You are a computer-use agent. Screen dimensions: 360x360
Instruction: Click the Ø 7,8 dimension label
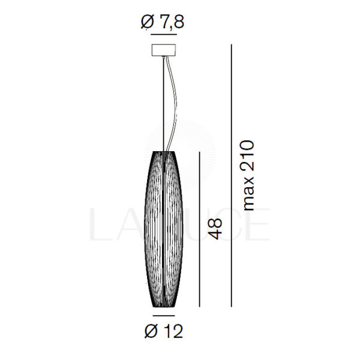[163, 23]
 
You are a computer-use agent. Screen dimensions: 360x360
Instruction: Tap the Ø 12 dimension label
[164, 331]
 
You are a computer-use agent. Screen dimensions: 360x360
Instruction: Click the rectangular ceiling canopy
[164, 50]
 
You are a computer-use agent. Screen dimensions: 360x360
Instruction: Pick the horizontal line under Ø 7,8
[164, 34]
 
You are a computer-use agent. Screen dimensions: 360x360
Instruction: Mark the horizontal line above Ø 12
[164, 316]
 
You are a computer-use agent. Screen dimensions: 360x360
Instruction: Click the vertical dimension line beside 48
[200, 229]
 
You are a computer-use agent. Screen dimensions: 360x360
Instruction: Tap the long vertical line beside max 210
[232, 176]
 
